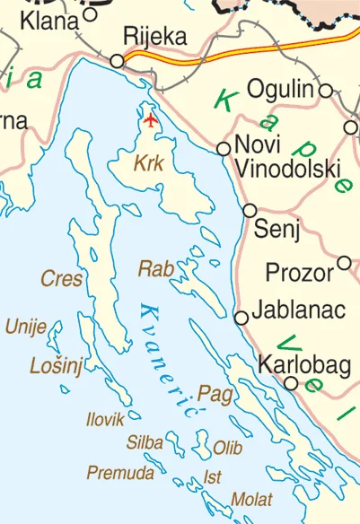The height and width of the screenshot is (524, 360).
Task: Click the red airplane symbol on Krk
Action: pyautogui.click(x=150, y=118)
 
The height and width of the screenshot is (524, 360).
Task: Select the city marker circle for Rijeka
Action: pyautogui.click(x=117, y=61)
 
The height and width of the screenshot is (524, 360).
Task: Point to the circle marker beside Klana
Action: pyautogui.click(x=90, y=14)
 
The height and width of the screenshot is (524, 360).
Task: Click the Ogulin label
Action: pyautogui.click(x=280, y=90)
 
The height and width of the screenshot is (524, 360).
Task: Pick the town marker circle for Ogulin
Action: pyautogui.click(x=326, y=90)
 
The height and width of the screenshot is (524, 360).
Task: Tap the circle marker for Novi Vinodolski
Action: pyautogui.click(x=224, y=148)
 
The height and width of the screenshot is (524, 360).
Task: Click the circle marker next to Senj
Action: pyautogui.click(x=250, y=210)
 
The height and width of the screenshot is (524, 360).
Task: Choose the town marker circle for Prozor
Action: pyautogui.click(x=344, y=263)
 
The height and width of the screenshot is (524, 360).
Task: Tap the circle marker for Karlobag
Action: pyautogui.click(x=291, y=383)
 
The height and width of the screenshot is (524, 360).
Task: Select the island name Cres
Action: pyautogui.click(x=62, y=279)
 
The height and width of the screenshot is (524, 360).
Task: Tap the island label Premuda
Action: pyautogui.click(x=114, y=472)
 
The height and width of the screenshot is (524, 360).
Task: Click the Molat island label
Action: pyautogui.click(x=252, y=499)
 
